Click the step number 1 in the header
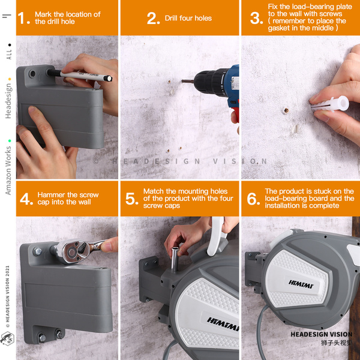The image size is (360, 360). tap(22, 18)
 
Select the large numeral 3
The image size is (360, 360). tap(256, 18)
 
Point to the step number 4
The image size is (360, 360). tap(25, 199)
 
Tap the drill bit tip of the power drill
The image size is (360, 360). tap(182, 81)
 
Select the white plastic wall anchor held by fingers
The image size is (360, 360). tap(330, 104)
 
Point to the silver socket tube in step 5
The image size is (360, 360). tap(175, 259)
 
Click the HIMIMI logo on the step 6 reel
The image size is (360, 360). tap(301, 284)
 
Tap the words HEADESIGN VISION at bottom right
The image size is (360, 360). tap(321, 334)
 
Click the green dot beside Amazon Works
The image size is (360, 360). tap(10, 141)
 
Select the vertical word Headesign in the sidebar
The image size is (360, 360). tap(8, 101)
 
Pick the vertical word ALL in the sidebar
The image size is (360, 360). tap(9, 55)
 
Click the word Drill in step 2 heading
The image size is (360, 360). tap(171, 18)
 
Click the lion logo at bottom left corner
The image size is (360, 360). tap(7, 338)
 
